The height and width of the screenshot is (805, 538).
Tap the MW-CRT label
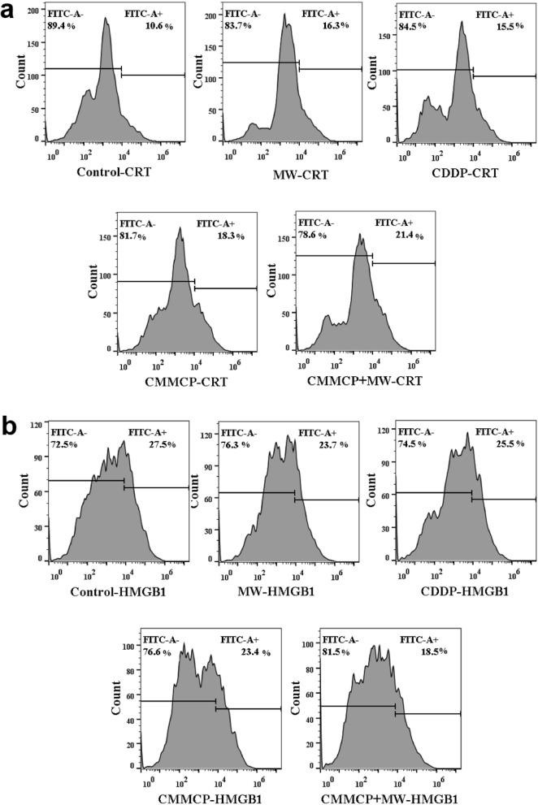(284, 173)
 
